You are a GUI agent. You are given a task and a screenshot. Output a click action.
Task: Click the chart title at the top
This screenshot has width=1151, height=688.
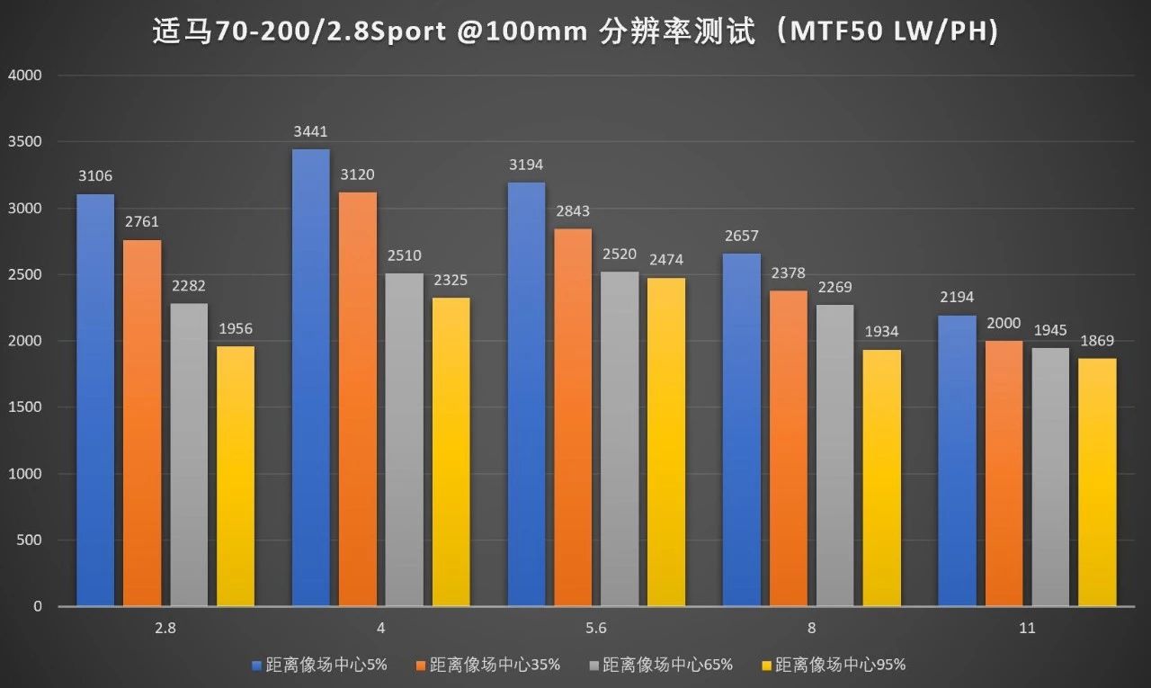pos(575,33)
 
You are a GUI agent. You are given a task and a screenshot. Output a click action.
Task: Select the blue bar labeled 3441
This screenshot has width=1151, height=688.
pos(310,378)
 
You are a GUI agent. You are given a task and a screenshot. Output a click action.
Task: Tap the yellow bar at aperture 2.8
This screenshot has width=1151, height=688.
pos(236,477)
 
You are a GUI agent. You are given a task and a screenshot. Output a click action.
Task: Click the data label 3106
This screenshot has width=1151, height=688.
pos(95,176)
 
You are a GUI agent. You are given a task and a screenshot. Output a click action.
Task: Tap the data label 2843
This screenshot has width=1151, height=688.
pos(573,210)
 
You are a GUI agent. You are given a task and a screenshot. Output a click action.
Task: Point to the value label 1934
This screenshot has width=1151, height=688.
pos(881,332)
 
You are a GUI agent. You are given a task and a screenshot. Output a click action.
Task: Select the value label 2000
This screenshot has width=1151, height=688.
pos(1003,323)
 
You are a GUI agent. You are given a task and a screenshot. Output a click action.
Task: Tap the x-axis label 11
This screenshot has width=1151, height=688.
pos(1026,629)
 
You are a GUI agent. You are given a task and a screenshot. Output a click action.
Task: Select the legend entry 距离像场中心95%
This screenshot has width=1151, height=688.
pos(840,666)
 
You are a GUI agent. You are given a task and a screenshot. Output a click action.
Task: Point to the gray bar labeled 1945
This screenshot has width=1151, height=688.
pos(1050,477)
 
